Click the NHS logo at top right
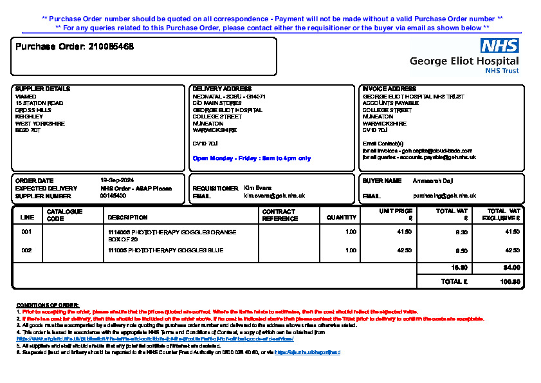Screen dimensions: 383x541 point(500,45)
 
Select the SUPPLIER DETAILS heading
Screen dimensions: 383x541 point(42,89)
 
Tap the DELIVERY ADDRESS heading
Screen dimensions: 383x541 point(223,89)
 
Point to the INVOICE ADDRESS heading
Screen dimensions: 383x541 point(389,89)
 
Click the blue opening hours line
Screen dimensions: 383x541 point(252,158)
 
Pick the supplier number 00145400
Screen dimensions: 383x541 point(113,196)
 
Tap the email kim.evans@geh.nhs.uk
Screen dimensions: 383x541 point(274,196)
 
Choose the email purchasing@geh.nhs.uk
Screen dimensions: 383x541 point(441,196)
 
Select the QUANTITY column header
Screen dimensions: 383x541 point(341,218)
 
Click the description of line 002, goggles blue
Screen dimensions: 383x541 point(165,250)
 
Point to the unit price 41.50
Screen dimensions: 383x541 point(405,232)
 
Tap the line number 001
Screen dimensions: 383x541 point(26,232)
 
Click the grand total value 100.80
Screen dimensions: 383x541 point(509,282)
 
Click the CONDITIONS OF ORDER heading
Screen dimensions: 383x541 point(47,305)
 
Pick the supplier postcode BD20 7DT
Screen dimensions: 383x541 point(28,130)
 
